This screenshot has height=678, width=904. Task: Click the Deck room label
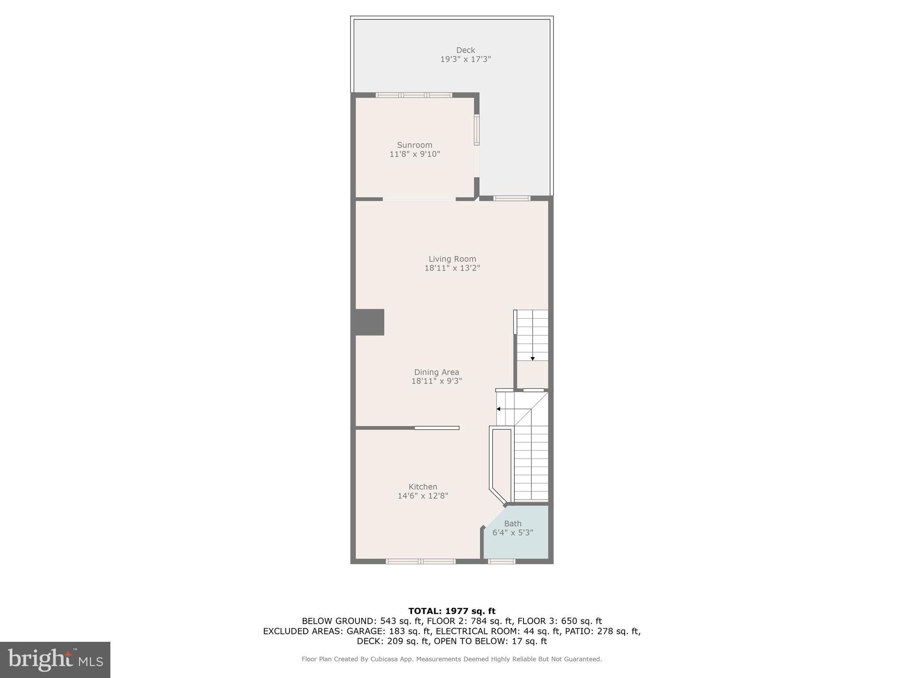pos(465,50)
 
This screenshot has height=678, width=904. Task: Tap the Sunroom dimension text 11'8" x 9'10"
pos(414,154)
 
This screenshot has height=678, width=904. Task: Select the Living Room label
pos(452,259)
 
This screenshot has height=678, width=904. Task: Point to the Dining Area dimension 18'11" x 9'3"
pos(437,381)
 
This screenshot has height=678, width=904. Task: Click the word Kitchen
pos(422,486)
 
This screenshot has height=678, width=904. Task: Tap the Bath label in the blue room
pos(512,524)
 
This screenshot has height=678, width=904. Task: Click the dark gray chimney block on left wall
pos(369,322)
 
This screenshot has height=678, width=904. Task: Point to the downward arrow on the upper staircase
pos(532,358)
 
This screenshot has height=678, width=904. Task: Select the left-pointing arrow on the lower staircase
pos(499,409)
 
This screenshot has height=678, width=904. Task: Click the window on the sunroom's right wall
pos(477,130)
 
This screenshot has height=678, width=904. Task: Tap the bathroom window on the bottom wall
pos(501,561)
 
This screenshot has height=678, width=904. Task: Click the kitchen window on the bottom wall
pos(420,561)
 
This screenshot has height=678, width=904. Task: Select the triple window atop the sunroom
pos(414,95)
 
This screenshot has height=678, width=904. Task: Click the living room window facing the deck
pos(512,198)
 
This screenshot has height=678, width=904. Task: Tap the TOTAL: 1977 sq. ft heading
pos(452,611)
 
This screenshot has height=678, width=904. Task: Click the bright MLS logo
pos(55,659)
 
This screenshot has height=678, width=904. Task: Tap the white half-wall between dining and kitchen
pos(437,428)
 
